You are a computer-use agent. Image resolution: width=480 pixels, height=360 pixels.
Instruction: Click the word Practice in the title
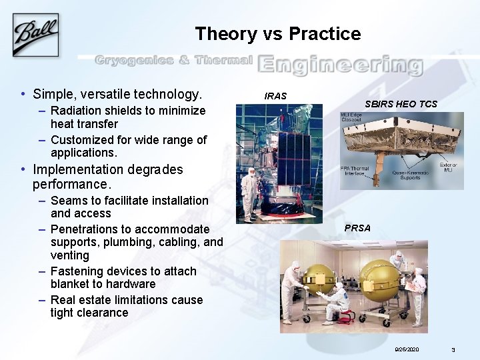[326, 34]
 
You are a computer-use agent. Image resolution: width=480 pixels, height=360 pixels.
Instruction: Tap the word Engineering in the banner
[340, 65]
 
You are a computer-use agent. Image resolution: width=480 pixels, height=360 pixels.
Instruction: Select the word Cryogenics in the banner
[133, 61]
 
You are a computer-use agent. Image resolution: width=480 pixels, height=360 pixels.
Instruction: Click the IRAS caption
[275, 96]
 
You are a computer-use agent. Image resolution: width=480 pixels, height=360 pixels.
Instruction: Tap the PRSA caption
[357, 228]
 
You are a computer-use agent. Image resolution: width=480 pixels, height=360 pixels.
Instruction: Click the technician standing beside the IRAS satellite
[249, 194]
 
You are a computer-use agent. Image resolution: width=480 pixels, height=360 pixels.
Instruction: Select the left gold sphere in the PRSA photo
[321, 280]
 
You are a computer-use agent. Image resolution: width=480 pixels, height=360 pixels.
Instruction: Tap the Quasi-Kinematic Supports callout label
[408, 174]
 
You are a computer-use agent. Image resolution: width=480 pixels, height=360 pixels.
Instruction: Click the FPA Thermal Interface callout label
[355, 171]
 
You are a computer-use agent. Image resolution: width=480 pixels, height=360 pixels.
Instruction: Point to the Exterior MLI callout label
[448, 167]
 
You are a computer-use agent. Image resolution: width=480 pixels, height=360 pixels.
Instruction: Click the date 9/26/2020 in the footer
[406, 349]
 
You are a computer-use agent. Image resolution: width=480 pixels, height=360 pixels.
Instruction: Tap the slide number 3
[453, 349]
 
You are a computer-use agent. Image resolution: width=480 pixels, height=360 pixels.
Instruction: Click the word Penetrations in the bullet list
[84, 229]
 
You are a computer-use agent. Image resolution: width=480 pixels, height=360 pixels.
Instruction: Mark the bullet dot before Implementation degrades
[23, 169]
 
